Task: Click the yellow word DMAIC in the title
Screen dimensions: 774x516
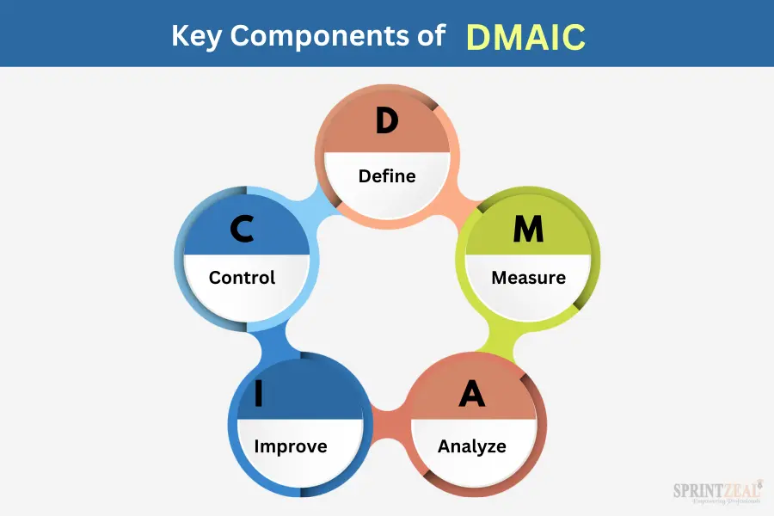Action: pyautogui.click(x=525, y=37)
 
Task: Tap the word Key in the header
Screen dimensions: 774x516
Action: pyautogui.click(x=196, y=36)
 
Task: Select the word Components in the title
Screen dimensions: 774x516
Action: pyautogui.click(x=320, y=36)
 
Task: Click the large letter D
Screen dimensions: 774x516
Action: pyautogui.click(x=387, y=120)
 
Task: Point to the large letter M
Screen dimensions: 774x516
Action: pyautogui.click(x=528, y=229)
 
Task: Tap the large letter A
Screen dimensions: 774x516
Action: pyautogui.click(x=472, y=394)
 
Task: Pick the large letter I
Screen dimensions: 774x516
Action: pyautogui.click(x=259, y=394)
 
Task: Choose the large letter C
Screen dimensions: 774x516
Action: pyautogui.click(x=242, y=229)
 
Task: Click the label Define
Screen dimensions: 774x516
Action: pyautogui.click(x=387, y=175)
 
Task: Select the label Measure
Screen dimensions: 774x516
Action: pyautogui.click(x=529, y=278)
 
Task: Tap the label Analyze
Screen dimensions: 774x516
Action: pyautogui.click(x=472, y=446)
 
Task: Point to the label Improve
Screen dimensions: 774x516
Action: pyautogui.click(x=291, y=446)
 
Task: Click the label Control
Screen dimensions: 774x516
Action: pyautogui.click(x=242, y=278)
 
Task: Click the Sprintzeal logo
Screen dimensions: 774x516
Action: pyautogui.click(x=718, y=492)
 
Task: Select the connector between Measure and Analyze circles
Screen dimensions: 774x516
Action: pyautogui.click(x=496, y=340)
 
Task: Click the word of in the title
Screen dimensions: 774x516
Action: pyautogui.click(x=432, y=36)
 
